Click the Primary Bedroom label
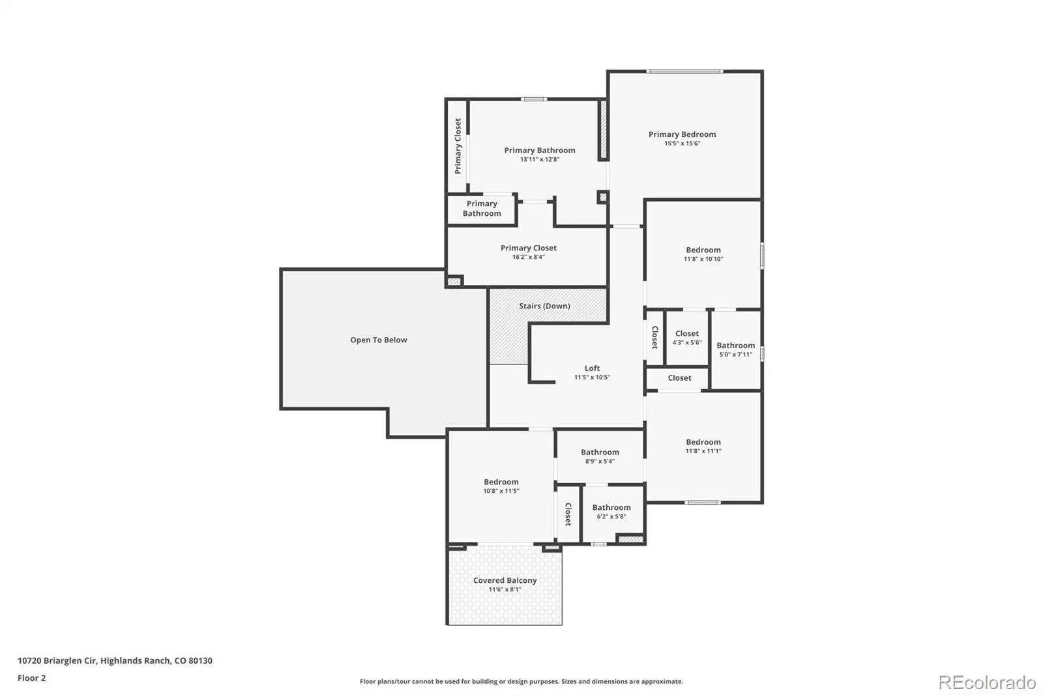(682, 134)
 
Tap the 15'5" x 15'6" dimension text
(682, 143)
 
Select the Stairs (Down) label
(544, 306)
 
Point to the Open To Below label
(379, 340)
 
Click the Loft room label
(592, 368)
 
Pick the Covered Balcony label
(505, 580)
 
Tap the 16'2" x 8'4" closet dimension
(529, 257)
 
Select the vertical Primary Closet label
(458, 146)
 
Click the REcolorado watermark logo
(987, 683)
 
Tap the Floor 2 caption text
(32, 678)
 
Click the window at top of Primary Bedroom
(684, 71)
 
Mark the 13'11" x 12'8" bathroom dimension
(540, 159)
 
